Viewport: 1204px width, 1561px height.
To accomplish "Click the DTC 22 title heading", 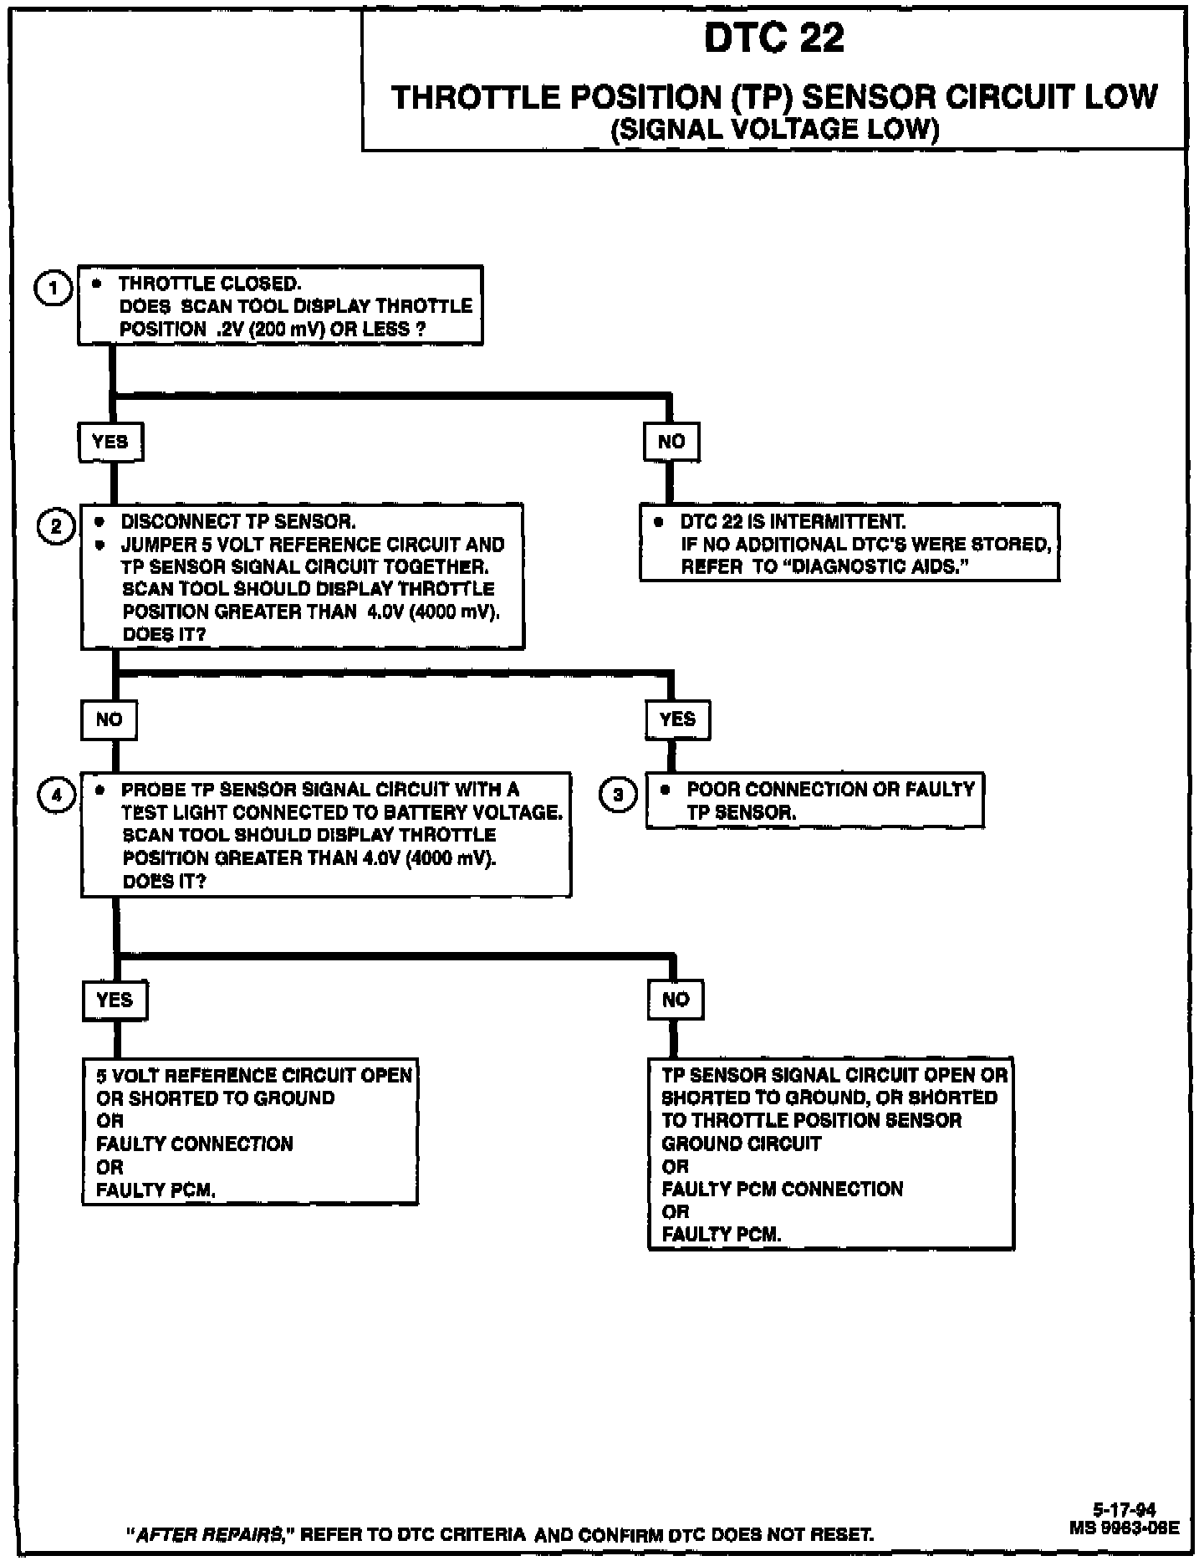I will coord(774,38).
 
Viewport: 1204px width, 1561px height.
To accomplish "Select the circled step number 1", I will coord(54,289).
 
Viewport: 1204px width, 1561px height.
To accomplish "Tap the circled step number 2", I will coord(56,527).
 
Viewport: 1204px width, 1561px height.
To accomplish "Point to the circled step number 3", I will coord(619,795).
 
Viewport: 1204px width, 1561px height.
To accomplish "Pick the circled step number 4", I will coord(56,795).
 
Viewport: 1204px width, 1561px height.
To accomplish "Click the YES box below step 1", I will coord(111,442).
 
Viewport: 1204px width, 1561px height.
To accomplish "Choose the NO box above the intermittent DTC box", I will coord(671,442).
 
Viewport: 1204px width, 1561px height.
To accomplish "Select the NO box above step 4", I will coord(110,719).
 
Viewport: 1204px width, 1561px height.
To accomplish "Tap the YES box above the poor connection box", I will coord(677,719).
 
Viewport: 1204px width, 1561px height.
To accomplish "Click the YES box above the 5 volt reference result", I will coord(115,1000).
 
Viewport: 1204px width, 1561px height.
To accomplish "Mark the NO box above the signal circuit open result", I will coord(676,1000).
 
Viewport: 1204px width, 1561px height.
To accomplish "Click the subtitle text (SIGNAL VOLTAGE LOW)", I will coord(774,130).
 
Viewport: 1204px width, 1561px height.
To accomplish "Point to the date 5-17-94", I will coord(1125,1510).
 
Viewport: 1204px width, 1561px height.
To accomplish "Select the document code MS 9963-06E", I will coord(1125,1528).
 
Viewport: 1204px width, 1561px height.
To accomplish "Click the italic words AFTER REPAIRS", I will coord(211,1535).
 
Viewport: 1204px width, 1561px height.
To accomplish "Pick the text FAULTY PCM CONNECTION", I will coord(783,1189).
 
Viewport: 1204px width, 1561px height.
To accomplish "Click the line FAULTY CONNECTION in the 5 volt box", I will coord(195,1144).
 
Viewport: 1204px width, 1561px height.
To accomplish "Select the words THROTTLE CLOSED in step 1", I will coord(210,284).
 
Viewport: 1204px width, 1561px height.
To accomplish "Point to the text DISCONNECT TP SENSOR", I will coord(238,522).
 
